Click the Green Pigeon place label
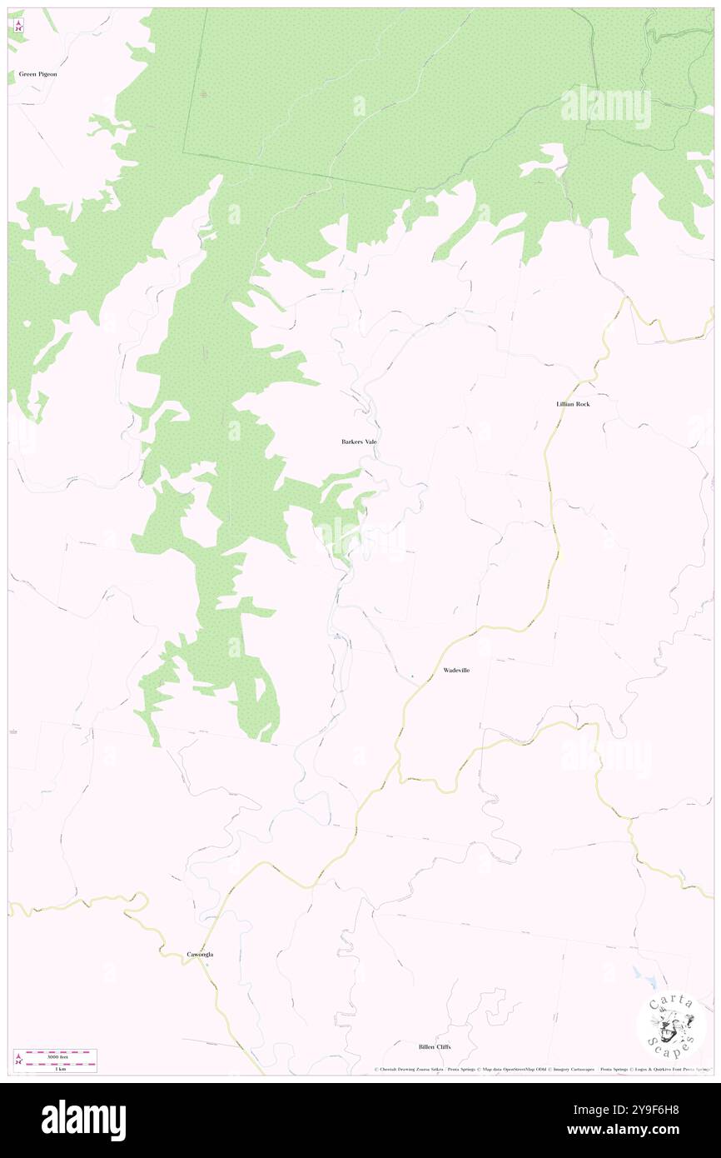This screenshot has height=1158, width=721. (37, 74)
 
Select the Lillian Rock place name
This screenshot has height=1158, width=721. (573, 404)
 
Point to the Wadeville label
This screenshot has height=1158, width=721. (456, 670)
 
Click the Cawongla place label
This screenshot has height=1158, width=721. (200, 954)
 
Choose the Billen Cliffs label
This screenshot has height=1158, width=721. (435, 1046)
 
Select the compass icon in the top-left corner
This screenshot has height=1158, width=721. (18, 26)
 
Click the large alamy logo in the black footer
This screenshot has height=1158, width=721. (83, 1120)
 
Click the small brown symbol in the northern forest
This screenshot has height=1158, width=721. (204, 93)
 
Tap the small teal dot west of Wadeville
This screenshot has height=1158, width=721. (411, 675)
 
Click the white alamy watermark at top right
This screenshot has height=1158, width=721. (605, 106)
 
